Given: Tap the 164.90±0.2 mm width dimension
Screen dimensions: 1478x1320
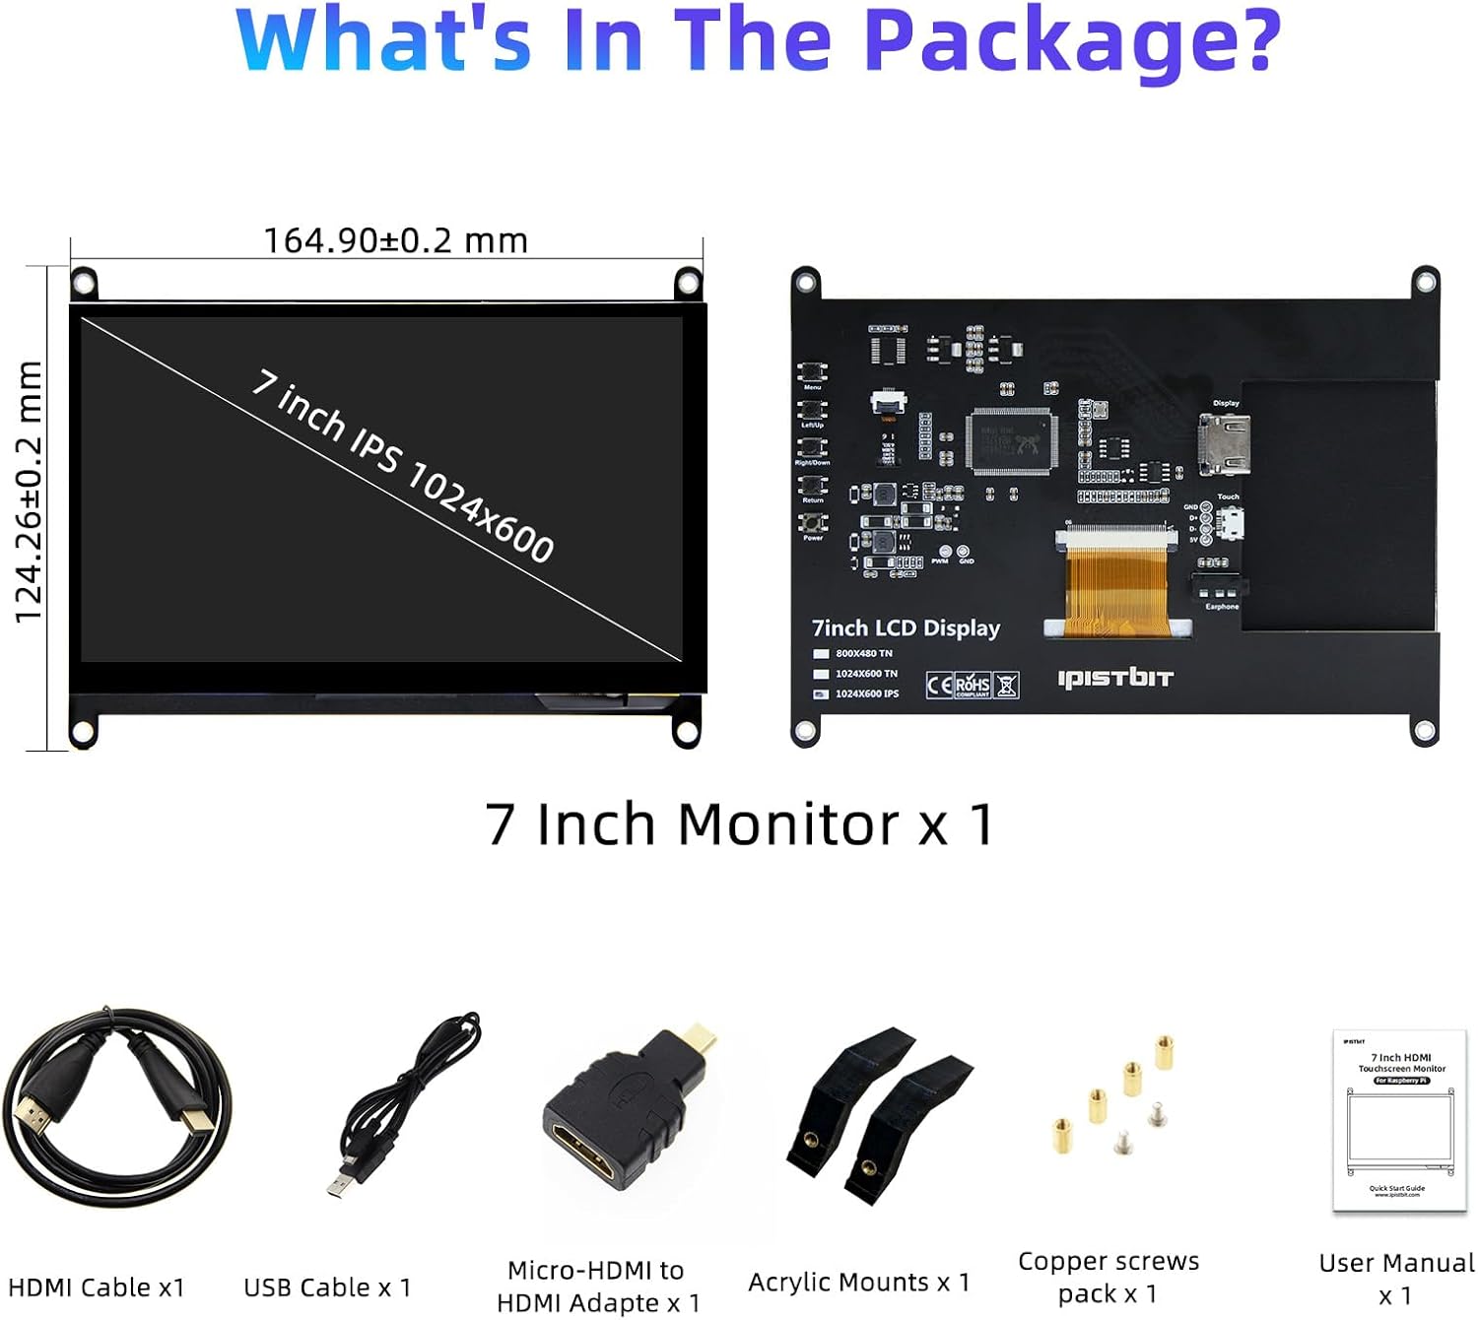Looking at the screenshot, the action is click(395, 240).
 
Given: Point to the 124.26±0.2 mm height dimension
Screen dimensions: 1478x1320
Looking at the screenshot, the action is click(29, 493).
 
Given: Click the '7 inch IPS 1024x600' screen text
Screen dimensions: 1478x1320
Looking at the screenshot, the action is click(403, 465).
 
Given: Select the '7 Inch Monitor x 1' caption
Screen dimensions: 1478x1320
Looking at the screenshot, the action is click(739, 824).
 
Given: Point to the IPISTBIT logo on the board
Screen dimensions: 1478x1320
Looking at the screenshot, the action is click(1115, 678).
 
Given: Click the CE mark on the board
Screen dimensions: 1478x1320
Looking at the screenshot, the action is click(939, 685).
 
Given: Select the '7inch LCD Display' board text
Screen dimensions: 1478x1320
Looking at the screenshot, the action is click(906, 628).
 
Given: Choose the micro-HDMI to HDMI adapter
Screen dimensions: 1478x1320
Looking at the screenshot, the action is click(616, 1113).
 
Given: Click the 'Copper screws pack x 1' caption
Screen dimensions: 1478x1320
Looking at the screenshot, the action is click(1108, 1277).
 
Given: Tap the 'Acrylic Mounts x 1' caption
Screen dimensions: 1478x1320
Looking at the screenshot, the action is click(858, 1282).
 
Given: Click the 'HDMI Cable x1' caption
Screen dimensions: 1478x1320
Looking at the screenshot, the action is click(97, 1287).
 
